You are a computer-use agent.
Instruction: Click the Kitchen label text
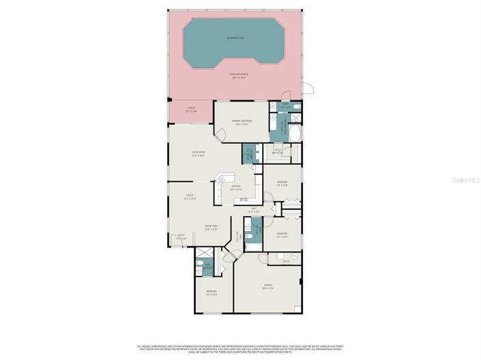(x=236, y=186)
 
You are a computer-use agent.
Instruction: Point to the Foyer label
(x=181, y=238)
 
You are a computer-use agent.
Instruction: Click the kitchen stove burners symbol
(x=244, y=200)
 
